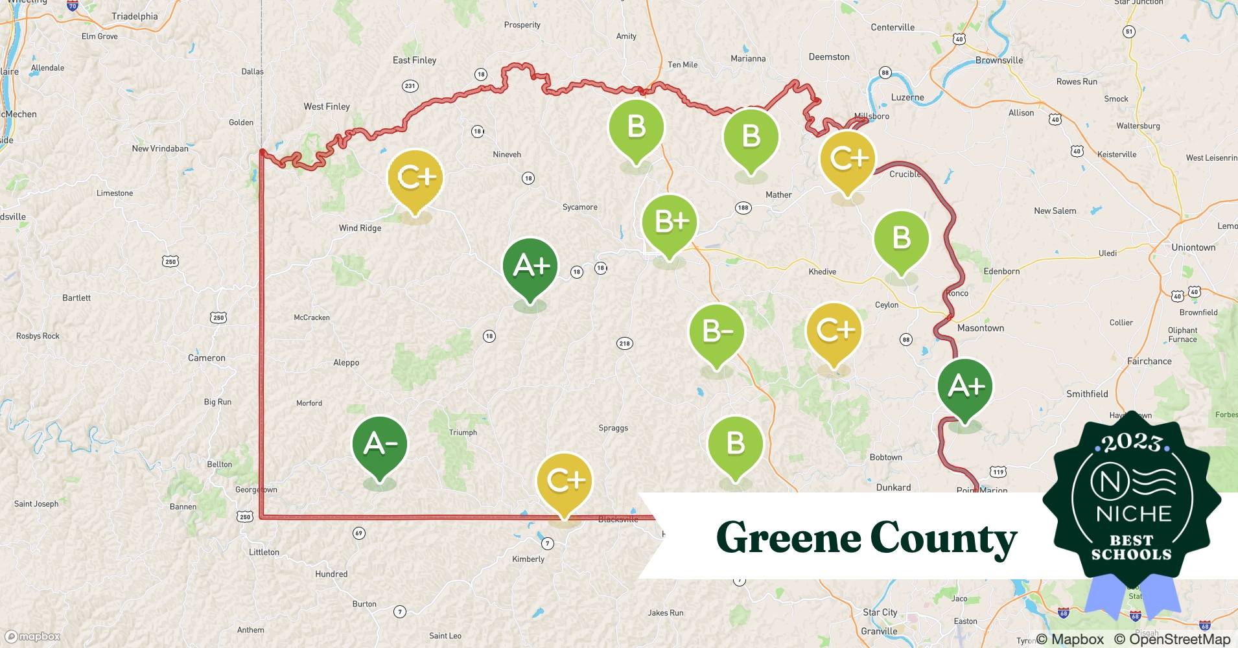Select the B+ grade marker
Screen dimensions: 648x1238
(670, 222)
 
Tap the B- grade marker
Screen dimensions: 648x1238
(717, 332)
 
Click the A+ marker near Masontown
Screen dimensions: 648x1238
(965, 387)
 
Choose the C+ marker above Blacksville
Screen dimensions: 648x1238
(565, 480)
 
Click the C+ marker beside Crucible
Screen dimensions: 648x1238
(847, 159)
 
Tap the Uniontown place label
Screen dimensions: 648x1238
(1193, 248)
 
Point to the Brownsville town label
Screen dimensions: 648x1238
(999, 60)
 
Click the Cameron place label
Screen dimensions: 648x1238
(207, 358)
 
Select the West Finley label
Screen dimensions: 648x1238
(327, 106)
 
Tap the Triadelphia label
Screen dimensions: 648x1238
(135, 16)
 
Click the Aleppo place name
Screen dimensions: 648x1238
(346, 363)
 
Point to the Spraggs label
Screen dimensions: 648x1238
(613, 428)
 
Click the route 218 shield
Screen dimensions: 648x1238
(624, 343)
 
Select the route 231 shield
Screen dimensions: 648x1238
(410, 86)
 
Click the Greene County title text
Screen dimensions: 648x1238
(867, 538)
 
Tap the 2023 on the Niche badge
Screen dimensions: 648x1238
(1132, 442)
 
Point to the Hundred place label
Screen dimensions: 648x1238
(331, 574)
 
